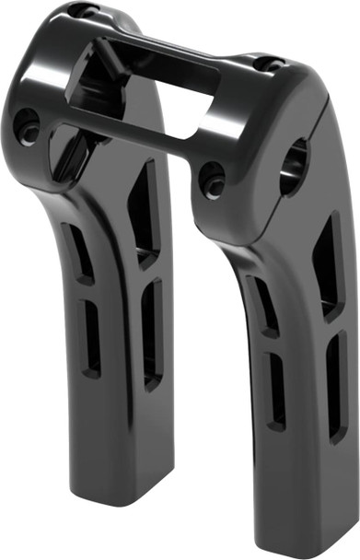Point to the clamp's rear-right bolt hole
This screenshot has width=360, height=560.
point(268,64)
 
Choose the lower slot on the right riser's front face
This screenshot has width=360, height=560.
point(275,391)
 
